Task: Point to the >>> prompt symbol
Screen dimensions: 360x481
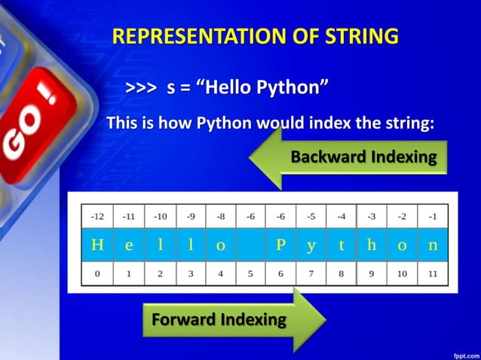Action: coord(141,89)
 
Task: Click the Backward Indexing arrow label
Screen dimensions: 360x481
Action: coord(363,157)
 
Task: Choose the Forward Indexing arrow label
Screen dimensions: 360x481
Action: coord(219,319)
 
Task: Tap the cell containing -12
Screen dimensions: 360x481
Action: coord(97,216)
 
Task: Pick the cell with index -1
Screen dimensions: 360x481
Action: coord(433,216)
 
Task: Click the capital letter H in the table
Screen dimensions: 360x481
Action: coord(97,245)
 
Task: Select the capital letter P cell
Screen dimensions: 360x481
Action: coord(280,245)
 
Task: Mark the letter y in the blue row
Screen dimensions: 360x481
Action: coord(311,245)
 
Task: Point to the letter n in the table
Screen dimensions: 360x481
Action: coord(433,245)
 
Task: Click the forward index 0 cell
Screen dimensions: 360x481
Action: coord(97,273)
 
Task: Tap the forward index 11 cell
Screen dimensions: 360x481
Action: coord(433,273)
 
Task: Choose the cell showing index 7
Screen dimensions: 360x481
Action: coord(311,273)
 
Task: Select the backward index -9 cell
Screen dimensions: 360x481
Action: coord(190,216)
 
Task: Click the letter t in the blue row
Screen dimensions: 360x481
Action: coord(342,245)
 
